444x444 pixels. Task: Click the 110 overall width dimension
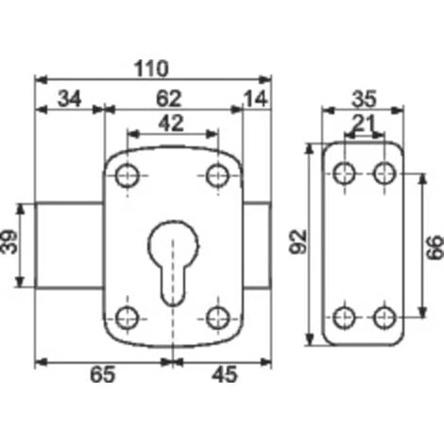click(151, 69)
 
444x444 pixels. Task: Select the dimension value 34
click(70, 98)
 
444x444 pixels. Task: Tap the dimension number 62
click(169, 98)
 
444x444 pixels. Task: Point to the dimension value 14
click(256, 99)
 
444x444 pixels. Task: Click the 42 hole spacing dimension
click(171, 123)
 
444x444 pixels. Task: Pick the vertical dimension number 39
click(9, 242)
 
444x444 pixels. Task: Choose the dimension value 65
click(103, 375)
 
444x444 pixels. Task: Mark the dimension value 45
click(225, 375)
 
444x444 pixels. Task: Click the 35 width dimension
click(364, 99)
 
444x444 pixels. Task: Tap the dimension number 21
click(364, 123)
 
